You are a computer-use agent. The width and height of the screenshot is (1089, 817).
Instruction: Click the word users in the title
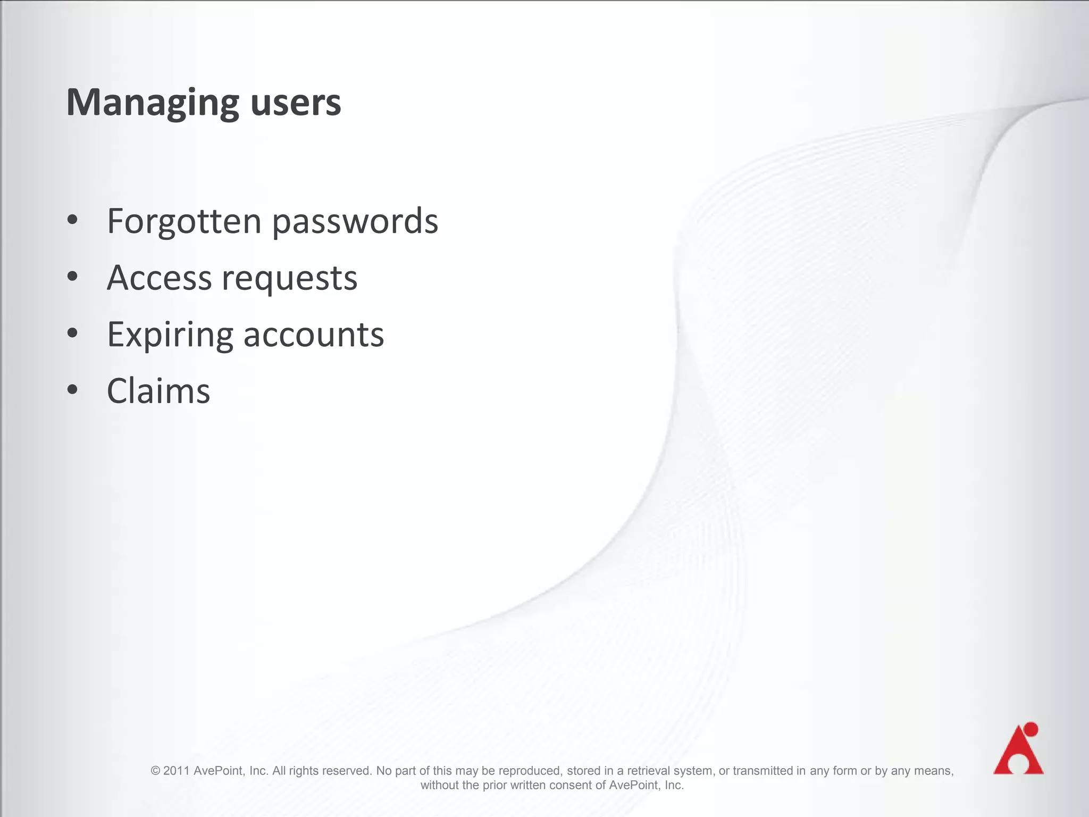coord(295,103)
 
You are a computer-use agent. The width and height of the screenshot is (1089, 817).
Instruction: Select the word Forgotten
coord(184,221)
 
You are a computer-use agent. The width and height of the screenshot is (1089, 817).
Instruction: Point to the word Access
coord(160,278)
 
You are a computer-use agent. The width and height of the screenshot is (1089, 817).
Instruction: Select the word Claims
coord(158,391)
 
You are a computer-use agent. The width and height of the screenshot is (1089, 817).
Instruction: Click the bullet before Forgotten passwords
coord(73,219)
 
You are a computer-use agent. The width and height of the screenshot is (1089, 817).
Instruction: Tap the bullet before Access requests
coord(73,276)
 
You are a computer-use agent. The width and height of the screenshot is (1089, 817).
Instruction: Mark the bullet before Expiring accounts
coord(73,333)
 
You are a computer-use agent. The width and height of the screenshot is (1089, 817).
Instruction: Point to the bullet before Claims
coord(73,389)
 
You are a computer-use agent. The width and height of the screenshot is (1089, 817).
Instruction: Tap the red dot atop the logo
coord(1031,729)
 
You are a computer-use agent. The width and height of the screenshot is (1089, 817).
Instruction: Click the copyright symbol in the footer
coord(155,771)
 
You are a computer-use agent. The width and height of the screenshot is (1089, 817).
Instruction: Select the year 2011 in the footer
coord(176,771)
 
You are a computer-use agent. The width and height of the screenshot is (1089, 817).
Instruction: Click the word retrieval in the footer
coord(649,771)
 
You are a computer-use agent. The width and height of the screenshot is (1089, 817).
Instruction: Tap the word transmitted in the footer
coord(763,771)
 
